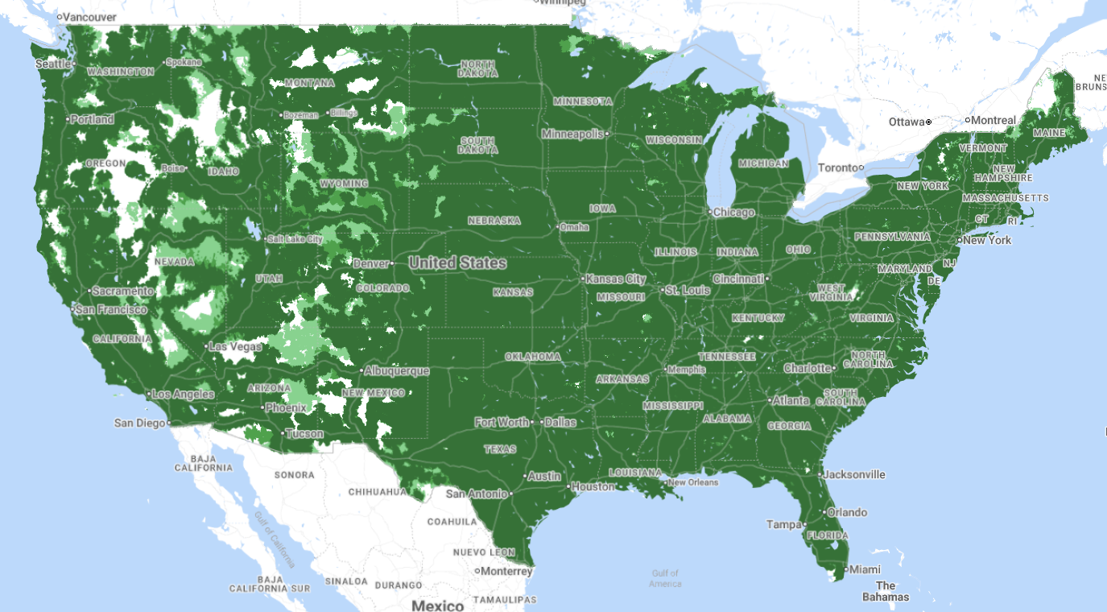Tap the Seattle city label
click(x=53, y=64)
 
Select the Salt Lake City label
click(x=295, y=239)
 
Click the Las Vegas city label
click(x=235, y=346)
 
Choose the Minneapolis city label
click(x=572, y=134)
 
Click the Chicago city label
click(x=733, y=213)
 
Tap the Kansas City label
click(x=616, y=279)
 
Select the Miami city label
click(x=863, y=569)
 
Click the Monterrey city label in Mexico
click(x=507, y=571)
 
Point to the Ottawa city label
click(x=907, y=122)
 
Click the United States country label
click(x=457, y=263)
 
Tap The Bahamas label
click(x=885, y=591)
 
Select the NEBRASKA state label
click(x=494, y=220)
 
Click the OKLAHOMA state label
click(x=532, y=357)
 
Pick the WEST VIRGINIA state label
click(x=831, y=292)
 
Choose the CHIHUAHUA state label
click(x=378, y=491)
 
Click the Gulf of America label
click(x=665, y=578)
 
